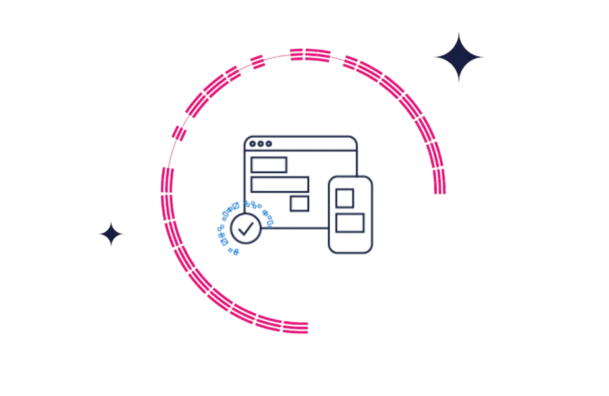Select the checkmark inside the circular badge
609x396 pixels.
(x=245, y=228)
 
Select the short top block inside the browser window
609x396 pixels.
(x=270, y=163)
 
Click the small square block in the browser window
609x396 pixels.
(x=299, y=204)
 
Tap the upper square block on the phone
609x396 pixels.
(x=345, y=196)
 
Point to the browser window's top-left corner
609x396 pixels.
(x=244, y=135)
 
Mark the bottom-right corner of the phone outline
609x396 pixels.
(x=373, y=253)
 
